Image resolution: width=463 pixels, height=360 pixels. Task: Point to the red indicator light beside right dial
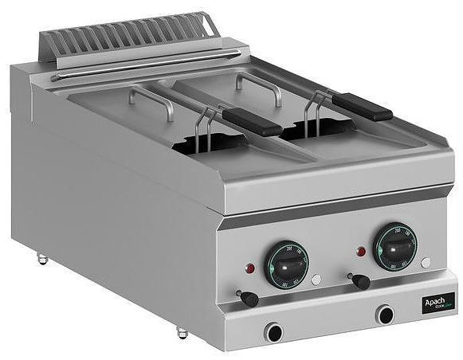coord(361,252)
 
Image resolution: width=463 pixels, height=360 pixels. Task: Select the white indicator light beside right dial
coord(426,262)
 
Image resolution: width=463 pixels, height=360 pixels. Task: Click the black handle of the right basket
coord(362,107)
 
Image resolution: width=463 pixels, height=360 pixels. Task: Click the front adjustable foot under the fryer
coord(182,331)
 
